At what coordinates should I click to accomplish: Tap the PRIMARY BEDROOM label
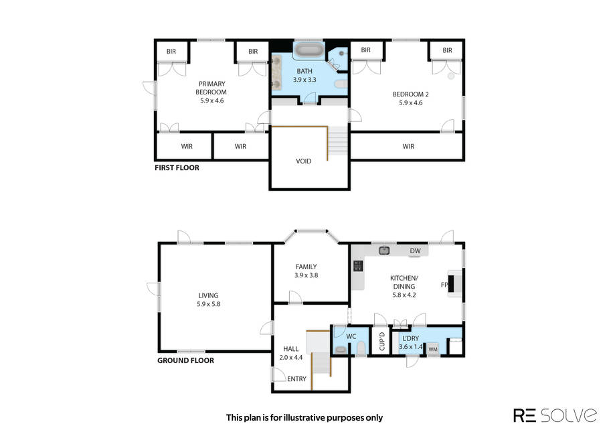coord(211,88)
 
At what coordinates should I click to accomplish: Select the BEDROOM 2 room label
coord(410,94)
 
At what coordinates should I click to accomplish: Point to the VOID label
coord(303,161)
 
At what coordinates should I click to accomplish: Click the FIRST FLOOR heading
coord(177,167)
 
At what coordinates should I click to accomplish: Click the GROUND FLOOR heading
coord(185,360)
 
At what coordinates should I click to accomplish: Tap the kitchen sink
coord(384,250)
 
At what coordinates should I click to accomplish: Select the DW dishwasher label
coord(415,250)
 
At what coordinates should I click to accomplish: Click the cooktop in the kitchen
coord(358,266)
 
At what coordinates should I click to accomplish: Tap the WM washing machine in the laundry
coord(433,349)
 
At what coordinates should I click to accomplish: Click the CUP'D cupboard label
coord(381,341)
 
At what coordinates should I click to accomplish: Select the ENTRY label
coord(296,378)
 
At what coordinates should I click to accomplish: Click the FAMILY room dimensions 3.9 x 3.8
coord(306,275)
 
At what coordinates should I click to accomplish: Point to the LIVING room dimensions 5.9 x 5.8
coord(209,304)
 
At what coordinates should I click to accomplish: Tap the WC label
coord(351,336)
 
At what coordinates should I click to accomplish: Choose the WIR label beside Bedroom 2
coord(408,146)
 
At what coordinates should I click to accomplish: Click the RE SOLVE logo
coord(555,415)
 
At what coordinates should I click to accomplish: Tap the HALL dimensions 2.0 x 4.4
coord(291,358)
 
